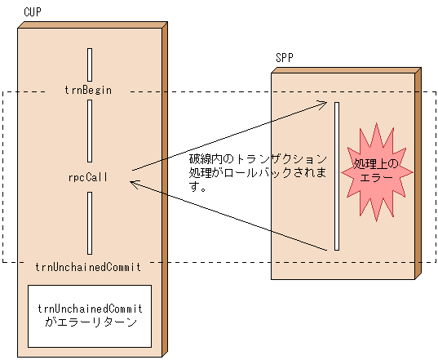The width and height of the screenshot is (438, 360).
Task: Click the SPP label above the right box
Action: pos(285,59)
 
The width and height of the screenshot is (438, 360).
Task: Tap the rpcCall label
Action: pos(89,176)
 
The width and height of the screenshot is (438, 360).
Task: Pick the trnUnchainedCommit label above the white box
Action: pos(89,266)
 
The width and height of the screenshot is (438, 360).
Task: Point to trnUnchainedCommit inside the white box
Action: pos(91,309)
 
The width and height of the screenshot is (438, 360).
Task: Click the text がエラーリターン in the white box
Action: pos(91,322)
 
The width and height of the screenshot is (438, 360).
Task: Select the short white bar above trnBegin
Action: pos(90,64)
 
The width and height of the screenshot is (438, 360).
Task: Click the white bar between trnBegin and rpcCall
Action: pos(90,131)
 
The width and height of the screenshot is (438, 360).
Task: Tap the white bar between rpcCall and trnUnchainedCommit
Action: pos(90,223)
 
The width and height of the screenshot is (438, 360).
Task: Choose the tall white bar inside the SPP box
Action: pos(335,176)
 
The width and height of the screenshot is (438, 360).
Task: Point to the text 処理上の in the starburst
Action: pos(376,164)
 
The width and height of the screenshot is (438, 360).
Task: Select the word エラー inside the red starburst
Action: pos(376,177)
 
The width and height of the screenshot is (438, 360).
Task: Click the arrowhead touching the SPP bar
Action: pos(326,104)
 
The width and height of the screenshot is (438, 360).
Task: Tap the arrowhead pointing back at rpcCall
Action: pos(135,184)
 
